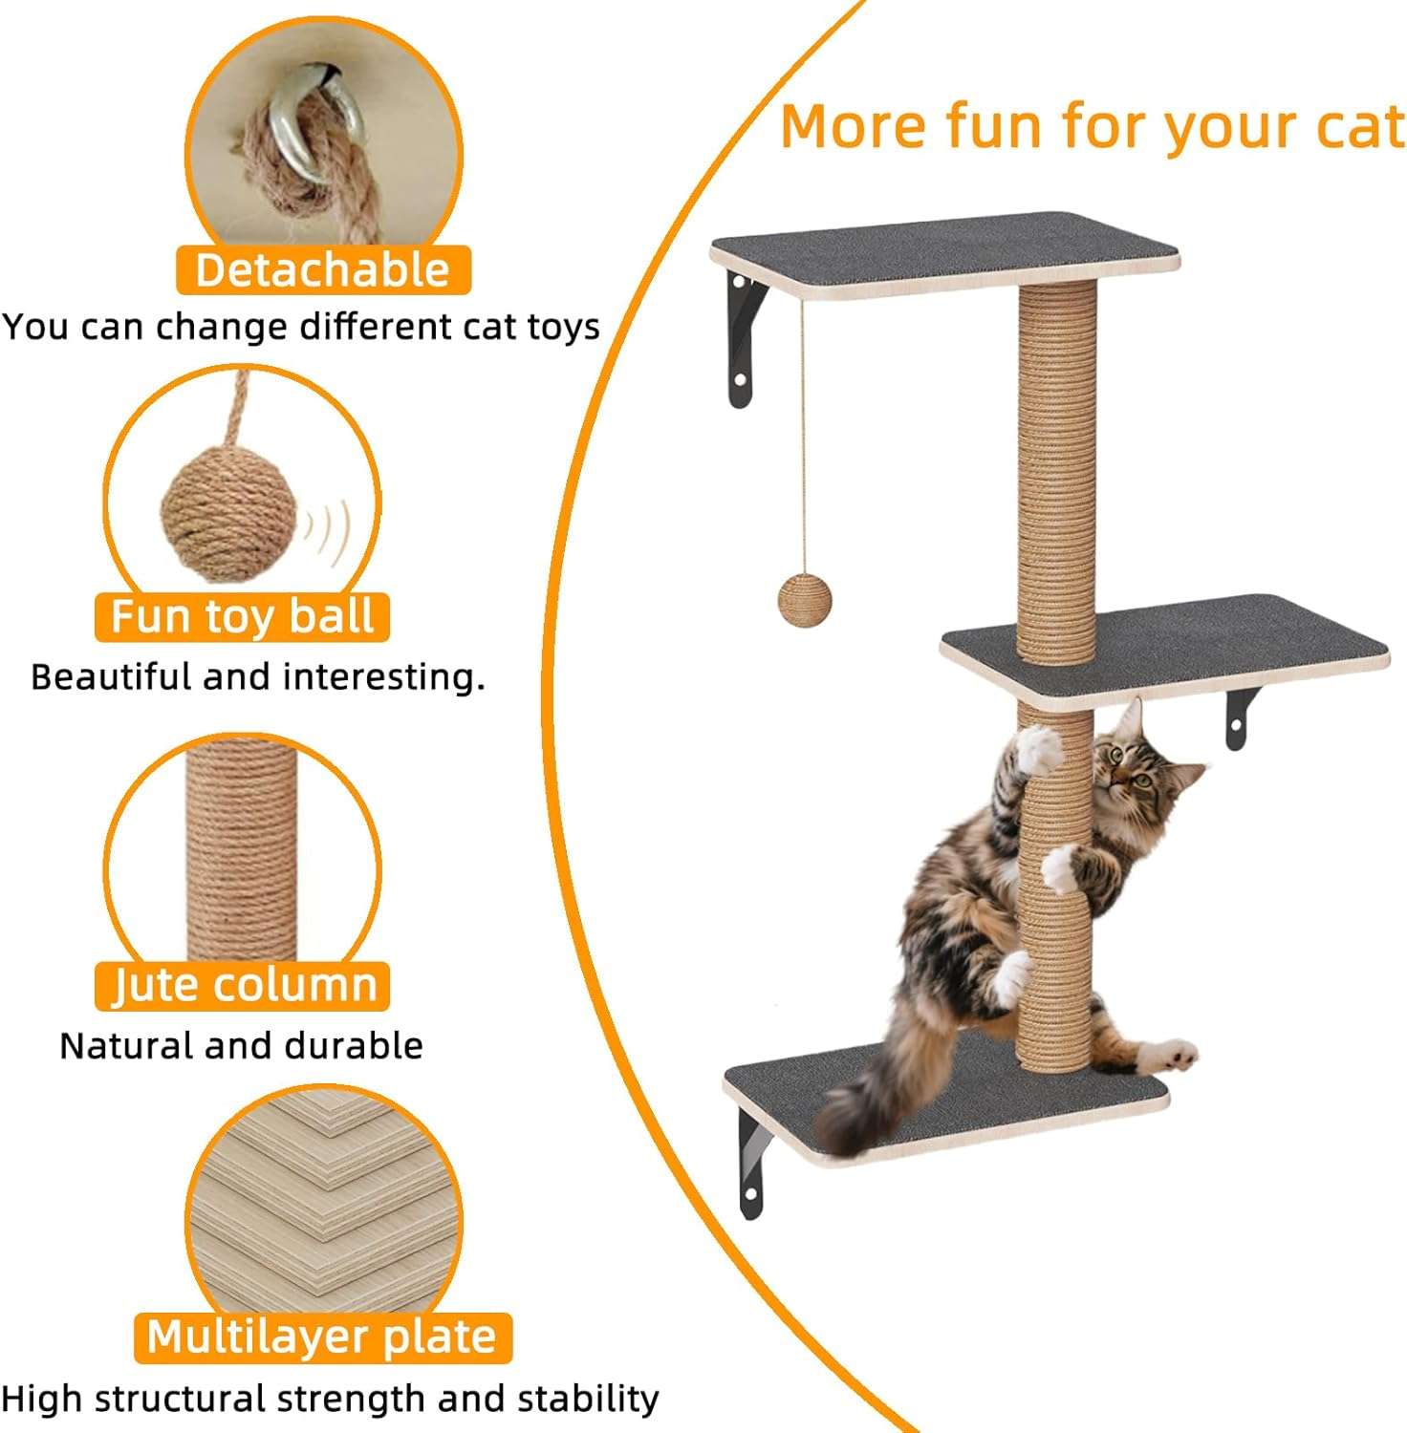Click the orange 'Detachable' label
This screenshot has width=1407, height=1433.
(x=323, y=270)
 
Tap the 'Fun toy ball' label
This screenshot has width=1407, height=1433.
(x=242, y=616)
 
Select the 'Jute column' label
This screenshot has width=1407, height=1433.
(x=242, y=986)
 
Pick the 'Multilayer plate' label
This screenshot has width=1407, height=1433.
(x=323, y=1337)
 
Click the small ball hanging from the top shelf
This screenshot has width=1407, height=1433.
(x=805, y=599)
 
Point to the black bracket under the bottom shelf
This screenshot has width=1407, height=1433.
(x=755, y=1163)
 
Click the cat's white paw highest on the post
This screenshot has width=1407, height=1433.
(x=1039, y=750)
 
